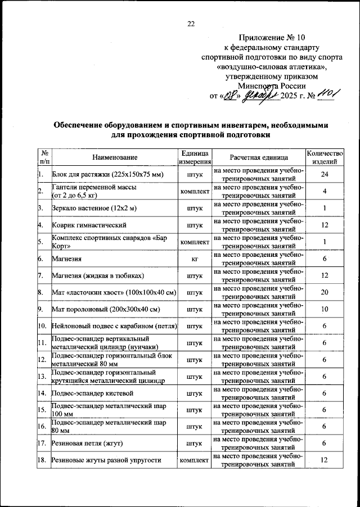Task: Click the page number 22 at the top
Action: coord(191,24)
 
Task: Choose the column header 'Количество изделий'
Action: coord(324,158)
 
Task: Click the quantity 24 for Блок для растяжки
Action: coord(324,175)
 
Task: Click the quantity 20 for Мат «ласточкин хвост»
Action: coord(324,293)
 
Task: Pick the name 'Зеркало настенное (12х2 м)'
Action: coord(94,209)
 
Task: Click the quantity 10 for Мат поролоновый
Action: coord(324,310)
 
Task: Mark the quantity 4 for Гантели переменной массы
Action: coord(324,192)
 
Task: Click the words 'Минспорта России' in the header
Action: coord(272,86)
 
